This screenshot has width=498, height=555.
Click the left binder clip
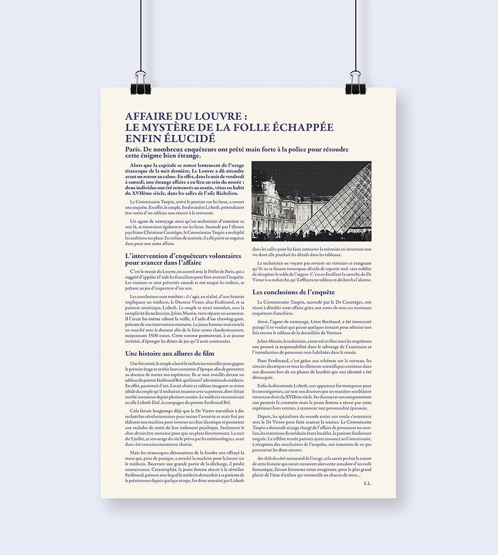click(140, 84)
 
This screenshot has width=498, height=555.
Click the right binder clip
click(355, 84)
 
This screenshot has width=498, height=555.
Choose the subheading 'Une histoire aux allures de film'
click(169, 353)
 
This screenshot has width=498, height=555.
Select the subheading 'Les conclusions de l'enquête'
click(293, 292)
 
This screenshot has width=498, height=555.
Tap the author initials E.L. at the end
click(367, 483)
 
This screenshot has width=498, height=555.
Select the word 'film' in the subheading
click(207, 353)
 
